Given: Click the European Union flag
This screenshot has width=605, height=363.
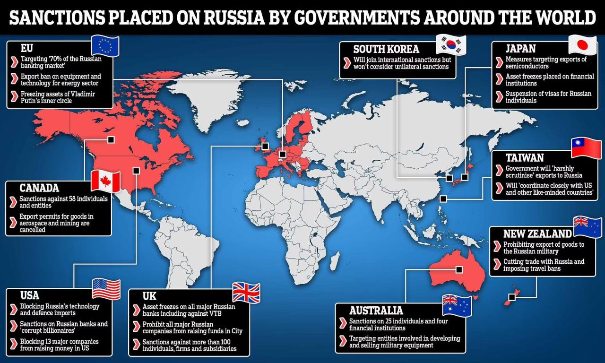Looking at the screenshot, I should point(105,46).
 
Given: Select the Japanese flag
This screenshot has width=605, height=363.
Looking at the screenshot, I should point(582,45).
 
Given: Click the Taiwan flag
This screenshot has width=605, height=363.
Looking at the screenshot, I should point(586,148).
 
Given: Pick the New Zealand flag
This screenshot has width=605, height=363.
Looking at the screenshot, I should point(588,227).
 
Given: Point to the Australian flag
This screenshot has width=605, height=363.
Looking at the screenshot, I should point(457,305).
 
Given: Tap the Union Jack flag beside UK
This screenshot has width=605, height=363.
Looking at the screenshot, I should point(246,293).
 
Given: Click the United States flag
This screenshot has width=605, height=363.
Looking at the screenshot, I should point(106,289).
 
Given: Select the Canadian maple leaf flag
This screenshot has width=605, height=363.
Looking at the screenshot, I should point(105,181).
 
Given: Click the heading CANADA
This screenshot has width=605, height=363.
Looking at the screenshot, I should point(39,188).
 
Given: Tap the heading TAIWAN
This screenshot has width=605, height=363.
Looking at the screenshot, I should point(524,157).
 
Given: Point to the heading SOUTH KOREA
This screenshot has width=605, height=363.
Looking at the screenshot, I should point(386,49).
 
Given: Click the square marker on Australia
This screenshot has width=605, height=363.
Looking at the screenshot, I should point(458,269).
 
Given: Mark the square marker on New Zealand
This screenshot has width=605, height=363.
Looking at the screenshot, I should point(511,297).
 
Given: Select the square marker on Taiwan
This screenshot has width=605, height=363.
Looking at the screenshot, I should point(443,199).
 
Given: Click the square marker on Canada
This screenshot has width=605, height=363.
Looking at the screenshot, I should point(111,139).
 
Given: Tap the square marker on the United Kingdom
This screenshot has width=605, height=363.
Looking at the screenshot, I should point(265,146).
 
